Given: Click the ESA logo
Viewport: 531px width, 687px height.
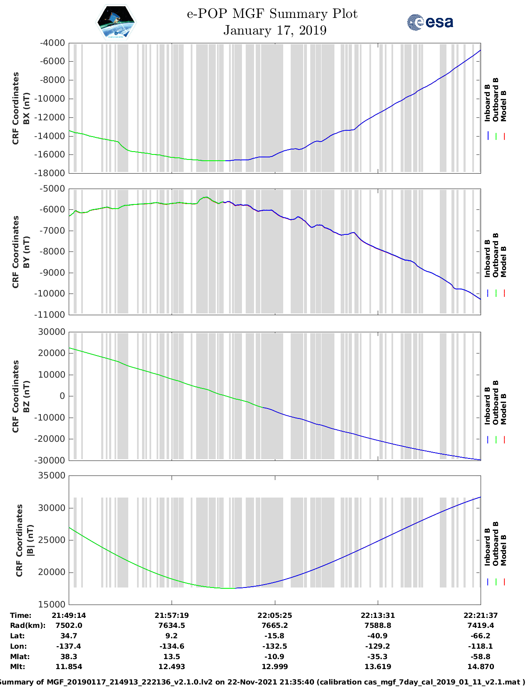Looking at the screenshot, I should coord(430,22).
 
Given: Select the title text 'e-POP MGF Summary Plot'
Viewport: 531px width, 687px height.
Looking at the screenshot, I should coord(272,14).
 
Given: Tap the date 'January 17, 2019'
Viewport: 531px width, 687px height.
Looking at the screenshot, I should coord(275,30).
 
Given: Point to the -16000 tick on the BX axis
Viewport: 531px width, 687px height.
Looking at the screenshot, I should coord(52,154).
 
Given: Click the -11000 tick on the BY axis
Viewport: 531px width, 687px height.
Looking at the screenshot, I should coord(52,315).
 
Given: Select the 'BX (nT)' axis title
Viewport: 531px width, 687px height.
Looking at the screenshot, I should coord(26,108).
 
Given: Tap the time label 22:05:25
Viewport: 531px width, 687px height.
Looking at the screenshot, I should coord(274,615).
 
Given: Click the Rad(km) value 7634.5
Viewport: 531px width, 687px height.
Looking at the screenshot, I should coord(172,625).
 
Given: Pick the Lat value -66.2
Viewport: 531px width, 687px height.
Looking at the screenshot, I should coord(481,636).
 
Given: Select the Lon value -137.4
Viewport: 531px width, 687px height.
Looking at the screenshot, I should coord(69,646).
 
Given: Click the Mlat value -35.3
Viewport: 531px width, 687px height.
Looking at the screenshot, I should coord(378,657).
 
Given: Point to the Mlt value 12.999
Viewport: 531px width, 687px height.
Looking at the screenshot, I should coord(274,667).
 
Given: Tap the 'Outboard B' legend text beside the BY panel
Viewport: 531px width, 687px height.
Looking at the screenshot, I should coord(496,255).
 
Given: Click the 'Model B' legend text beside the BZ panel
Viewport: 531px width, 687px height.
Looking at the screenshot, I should coord(504,409).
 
